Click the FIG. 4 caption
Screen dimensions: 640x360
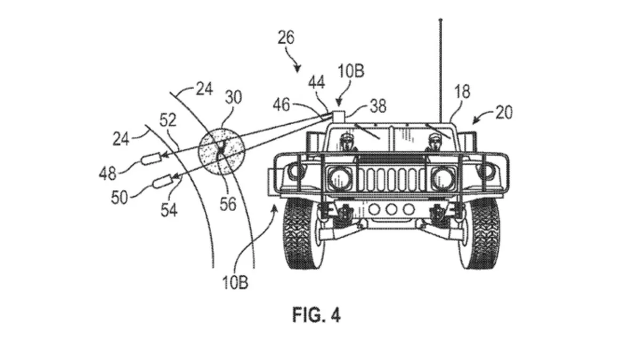[x=317, y=315]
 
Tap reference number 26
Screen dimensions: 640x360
[x=286, y=38]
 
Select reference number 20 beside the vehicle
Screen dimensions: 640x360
[x=504, y=113]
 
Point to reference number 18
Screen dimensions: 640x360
[x=462, y=92]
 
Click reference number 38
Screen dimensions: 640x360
[x=378, y=106]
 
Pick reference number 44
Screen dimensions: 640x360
[x=317, y=83]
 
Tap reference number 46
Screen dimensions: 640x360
[x=282, y=105]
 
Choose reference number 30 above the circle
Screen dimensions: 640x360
[x=234, y=97]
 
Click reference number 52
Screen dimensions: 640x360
[x=167, y=120]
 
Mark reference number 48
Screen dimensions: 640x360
[x=108, y=173]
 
